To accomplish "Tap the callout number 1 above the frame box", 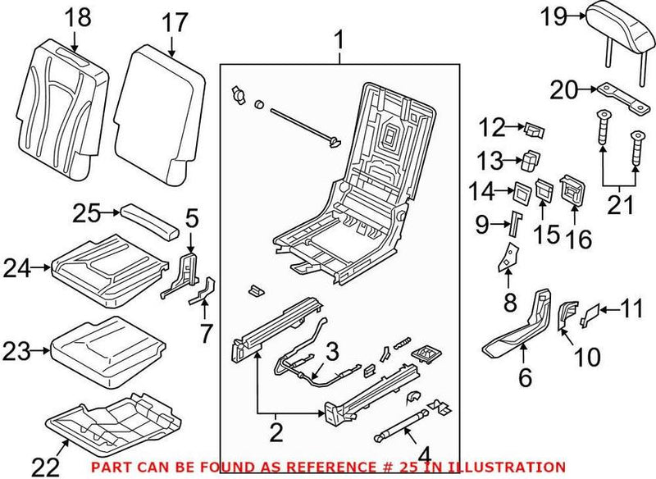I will pos(339,39).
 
